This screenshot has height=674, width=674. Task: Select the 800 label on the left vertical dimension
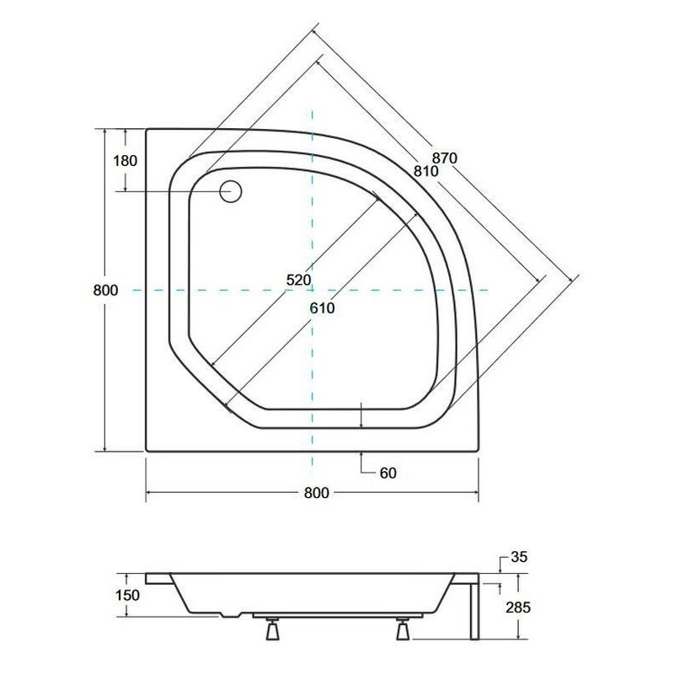point(104,290)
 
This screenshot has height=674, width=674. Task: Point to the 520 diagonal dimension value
point(298,280)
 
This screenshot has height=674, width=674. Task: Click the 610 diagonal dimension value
point(321,308)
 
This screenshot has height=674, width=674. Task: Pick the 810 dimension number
point(425,171)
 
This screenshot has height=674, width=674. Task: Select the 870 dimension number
point(445,158)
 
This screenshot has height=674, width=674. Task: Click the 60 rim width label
point(388,473)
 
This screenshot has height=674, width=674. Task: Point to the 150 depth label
point(128,596)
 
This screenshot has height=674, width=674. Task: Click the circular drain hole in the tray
point(231,191)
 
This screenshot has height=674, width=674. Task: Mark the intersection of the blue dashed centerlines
point(312,290)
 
